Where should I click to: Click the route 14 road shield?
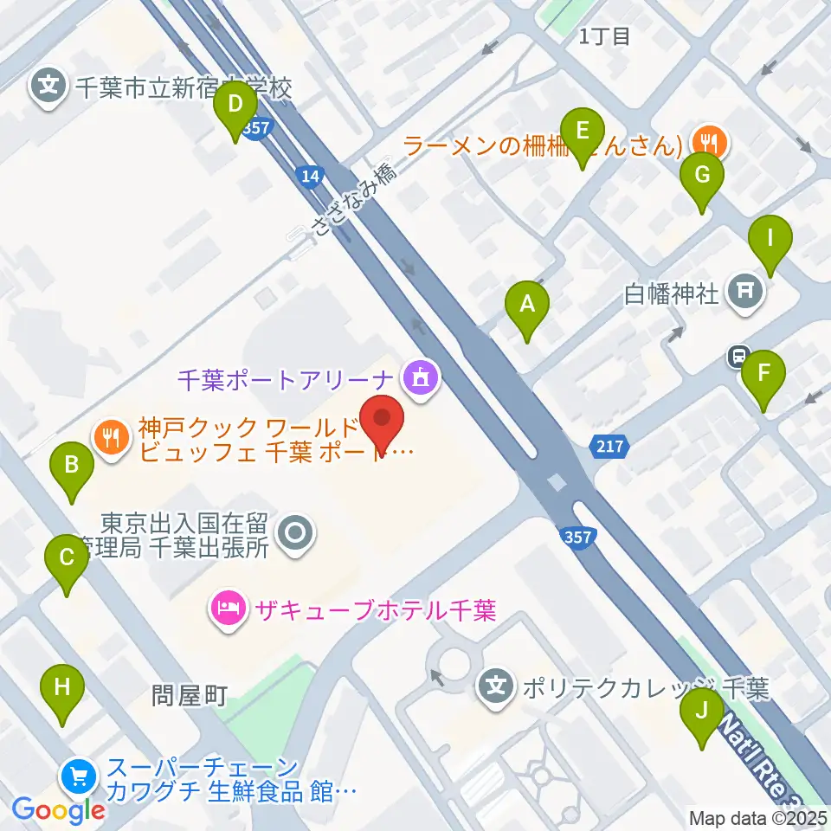308,177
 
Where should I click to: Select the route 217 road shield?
609,447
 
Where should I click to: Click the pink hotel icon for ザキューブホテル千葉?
228,610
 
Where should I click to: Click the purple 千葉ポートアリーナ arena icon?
422,377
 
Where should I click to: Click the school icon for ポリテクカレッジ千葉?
495,687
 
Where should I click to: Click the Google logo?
58,810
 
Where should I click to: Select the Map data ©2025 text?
757,817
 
